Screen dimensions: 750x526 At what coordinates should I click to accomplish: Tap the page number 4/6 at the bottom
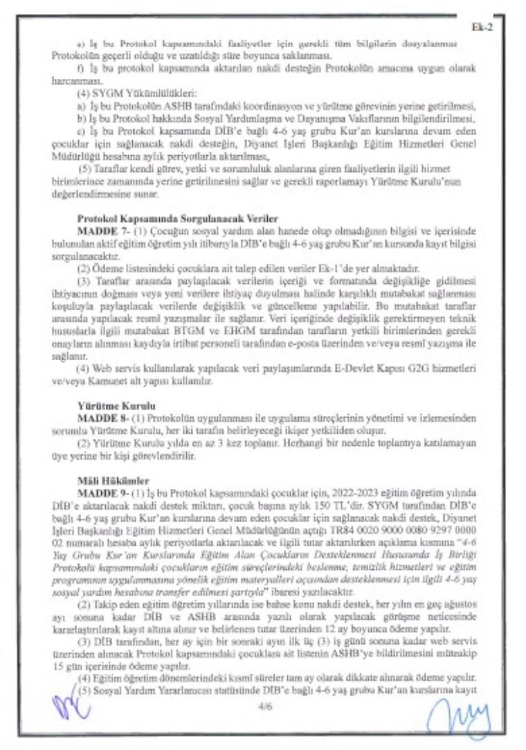click(264, 706)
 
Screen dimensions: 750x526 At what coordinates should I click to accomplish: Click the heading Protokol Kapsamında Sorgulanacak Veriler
click(177, 218)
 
